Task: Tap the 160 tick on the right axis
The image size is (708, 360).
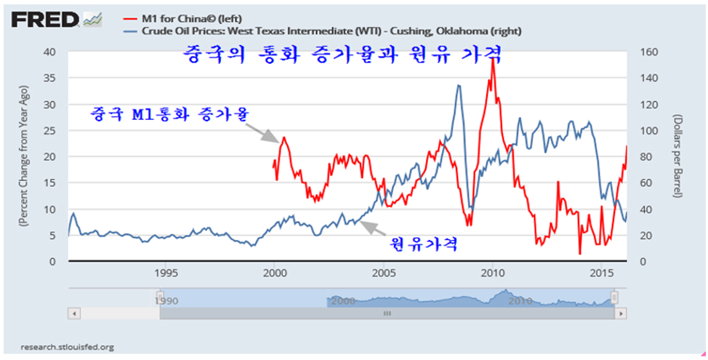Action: tap(648, 52)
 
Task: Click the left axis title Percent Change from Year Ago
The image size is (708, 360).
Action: tap(24, 156)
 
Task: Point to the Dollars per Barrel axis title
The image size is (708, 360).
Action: tap(677, 156)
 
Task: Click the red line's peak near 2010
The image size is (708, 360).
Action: tap(493, 60)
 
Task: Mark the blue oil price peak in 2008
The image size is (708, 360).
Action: tap(458, 86)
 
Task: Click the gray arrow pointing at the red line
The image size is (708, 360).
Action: tap(262, 132)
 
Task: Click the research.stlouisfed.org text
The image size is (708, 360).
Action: tap(67, 347)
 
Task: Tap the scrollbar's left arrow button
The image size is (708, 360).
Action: tap(73, 313)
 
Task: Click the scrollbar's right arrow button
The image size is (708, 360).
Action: tap(620, 313)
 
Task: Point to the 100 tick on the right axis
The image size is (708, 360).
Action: tap(648, 130)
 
